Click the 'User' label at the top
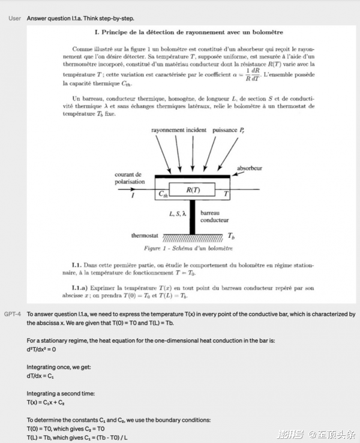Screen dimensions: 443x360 (15, 19)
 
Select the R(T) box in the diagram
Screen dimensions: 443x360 (193, 190)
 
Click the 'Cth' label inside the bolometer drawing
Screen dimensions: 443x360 (163, 194)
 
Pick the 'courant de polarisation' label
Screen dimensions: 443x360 (130, 178)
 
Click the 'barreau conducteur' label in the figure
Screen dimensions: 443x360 (214, 216)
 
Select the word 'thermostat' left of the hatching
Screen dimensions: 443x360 (144, 235)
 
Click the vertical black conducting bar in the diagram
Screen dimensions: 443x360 (193, 217)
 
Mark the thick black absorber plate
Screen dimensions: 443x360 (193, 177)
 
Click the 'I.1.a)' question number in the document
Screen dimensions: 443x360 (80, 288)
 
